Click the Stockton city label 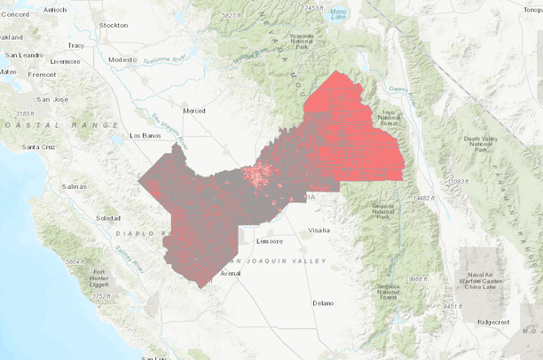pos(114,26)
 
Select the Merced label pos(193,111)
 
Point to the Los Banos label pos(147,136)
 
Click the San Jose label pos(51,99)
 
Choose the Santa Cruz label pos(40,145)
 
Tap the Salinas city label pos(75,187)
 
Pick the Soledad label pos(108,217)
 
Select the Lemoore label pos(269,240)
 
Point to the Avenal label pos(230,274)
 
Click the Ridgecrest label pos(494,324)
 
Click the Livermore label pos(65,61)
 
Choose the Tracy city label pos(75,44)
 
